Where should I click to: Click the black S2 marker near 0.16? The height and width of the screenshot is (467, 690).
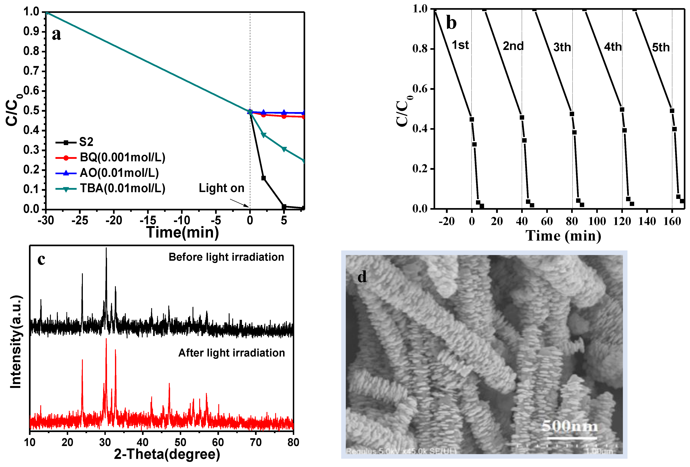(263, 178)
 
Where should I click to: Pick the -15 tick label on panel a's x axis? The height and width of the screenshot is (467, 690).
(148, 220)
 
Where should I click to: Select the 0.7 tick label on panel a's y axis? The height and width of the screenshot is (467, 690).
(31, 71)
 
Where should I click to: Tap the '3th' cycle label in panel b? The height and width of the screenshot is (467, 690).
(562, 47)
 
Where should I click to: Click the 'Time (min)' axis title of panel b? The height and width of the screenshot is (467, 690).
(563, 236)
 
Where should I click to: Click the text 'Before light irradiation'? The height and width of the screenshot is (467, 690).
(226, 257)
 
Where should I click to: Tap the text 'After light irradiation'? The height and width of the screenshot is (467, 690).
(231, 353)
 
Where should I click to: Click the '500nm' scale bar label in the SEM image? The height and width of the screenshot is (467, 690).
(569, 426)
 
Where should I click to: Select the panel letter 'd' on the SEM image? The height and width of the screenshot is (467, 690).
(362, 277)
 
